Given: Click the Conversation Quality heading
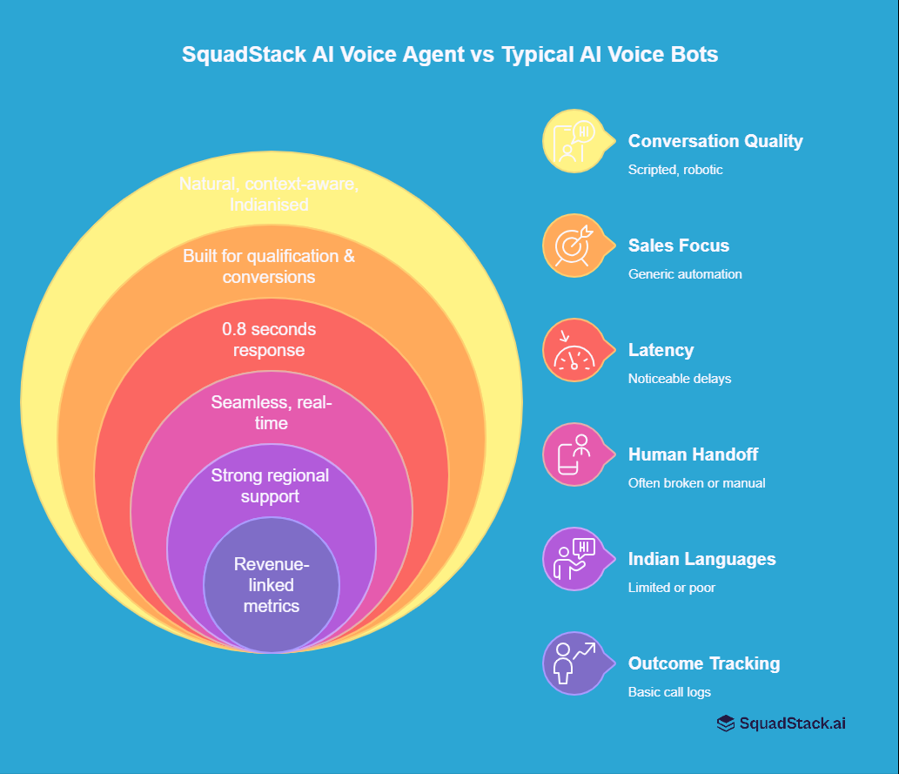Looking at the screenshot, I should pos(715,141).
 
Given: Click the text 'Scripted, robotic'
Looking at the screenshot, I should pos(675,170).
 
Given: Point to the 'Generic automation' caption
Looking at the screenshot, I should pos(685,274).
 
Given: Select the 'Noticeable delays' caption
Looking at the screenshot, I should pos(680,379).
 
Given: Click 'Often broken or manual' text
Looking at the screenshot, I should pos(696,483).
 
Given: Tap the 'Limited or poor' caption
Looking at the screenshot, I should pos(671,588).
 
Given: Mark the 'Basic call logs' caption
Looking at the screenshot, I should pos(670,692).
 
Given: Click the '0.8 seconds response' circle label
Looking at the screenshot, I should pos(269,340).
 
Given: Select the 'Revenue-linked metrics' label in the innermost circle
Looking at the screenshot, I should pos(271,585).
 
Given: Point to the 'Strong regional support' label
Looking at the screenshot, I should pos(270,486).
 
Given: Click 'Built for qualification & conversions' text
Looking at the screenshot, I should pos(269,266).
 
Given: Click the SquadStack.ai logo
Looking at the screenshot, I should pos(781,723).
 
